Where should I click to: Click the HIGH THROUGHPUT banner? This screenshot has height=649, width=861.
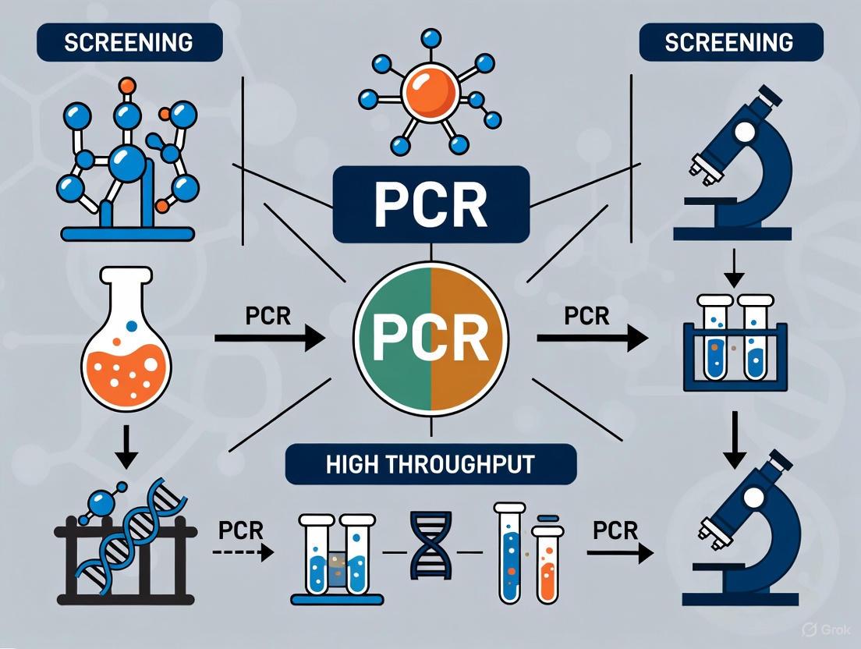click(x=430, y=465)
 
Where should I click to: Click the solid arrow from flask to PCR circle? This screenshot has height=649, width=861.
click(x=269, y=338)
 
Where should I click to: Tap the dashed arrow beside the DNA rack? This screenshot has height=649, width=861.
click(x=243, y=552)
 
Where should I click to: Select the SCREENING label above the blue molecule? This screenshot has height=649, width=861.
click(x=129, y=42)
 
